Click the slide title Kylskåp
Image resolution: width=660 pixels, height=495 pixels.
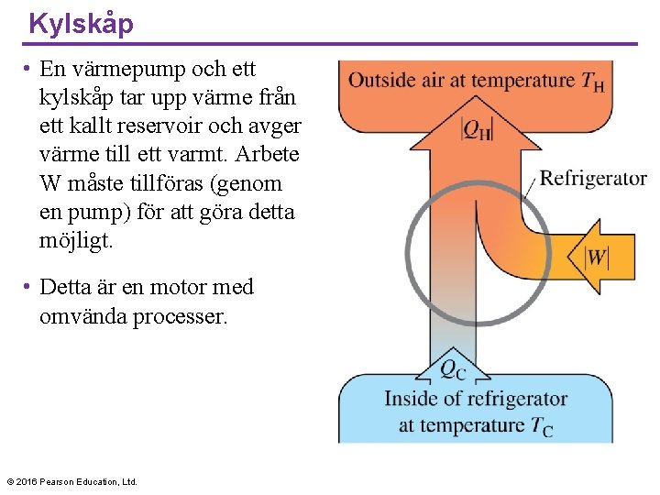coord(81,23)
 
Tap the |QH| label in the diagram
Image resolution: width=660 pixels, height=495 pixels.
coord(476,131)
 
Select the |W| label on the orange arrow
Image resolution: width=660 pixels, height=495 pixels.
coord(597,256)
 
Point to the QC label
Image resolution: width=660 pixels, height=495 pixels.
coord(452,369)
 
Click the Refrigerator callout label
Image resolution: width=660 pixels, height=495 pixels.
coord(593,178)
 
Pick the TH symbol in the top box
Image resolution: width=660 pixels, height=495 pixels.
coord(592,81)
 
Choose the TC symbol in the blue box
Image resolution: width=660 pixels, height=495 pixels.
coord(541,426)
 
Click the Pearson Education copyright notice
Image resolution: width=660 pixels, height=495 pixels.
coord(71,481)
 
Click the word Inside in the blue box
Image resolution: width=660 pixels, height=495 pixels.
coord(412,400)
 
